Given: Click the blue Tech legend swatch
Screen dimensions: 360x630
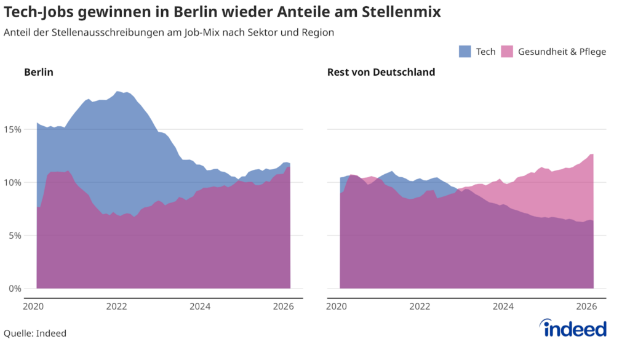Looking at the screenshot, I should tap(465, 52).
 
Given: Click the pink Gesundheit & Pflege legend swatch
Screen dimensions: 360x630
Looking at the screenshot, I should tap(508, 52).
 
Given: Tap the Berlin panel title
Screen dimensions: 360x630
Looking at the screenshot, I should tap(39, 72).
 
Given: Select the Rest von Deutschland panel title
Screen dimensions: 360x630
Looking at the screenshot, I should tap(381, 72).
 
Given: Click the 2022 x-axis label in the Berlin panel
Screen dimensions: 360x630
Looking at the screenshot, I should tap(116, 306).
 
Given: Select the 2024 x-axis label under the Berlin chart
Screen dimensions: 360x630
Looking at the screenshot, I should tap(200, 306).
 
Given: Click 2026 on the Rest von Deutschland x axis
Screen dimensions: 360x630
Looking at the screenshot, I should tap(586, 306).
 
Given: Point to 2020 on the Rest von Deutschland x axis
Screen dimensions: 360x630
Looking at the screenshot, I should tap(337, 306).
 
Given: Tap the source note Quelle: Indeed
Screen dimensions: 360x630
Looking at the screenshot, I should tap(35, 334).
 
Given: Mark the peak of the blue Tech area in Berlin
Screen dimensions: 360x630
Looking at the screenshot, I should tap(118, 92).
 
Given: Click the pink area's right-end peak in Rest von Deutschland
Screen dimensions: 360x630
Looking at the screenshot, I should tap(592, 154).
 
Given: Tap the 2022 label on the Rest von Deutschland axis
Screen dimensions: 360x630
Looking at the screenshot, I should tap(420, 306).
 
